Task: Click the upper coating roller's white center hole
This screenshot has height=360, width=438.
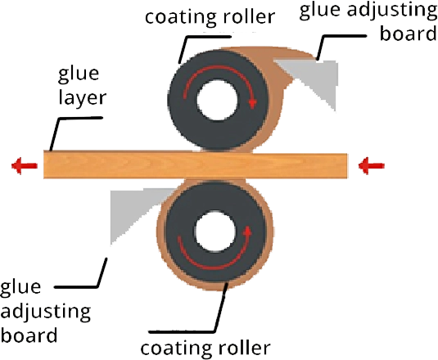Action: [x=217, y=101]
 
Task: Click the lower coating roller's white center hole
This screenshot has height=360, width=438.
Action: [x=214, y=232]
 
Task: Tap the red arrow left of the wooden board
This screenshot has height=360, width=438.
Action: [x=25, y=165]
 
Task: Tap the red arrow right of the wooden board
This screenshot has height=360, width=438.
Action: [x=371, y=166]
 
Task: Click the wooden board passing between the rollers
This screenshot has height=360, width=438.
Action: [x=196, y=165]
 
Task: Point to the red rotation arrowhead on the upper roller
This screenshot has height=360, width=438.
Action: [x=252, y=103]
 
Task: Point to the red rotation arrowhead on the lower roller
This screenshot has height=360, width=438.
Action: [x=247, y=231]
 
